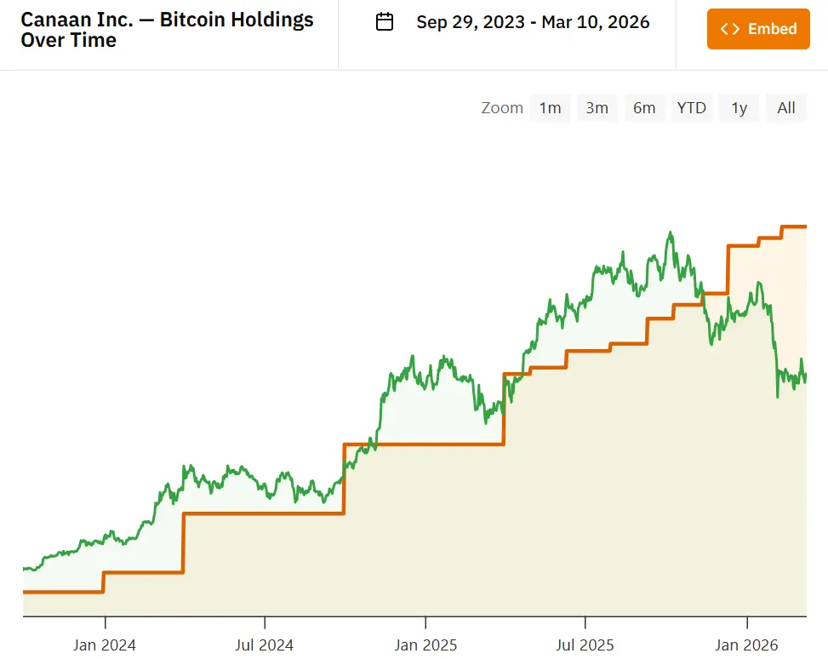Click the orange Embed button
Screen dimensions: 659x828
(758, 29)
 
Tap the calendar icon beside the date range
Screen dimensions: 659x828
(385, 22)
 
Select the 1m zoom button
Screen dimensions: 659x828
(550, 108)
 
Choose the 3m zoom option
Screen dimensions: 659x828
(597, 108)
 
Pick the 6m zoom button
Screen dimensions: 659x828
(644, 108)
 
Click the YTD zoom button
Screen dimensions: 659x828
(691, 108)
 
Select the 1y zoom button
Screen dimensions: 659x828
(739, 108)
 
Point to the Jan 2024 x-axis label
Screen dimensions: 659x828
(105, 645)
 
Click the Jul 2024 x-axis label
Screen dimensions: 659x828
(265, 645)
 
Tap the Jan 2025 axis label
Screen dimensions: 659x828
(425, 645)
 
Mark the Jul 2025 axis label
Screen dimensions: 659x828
(585, 645)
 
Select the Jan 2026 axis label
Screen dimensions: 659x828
(746, 645)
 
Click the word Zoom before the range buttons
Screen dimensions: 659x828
(502, 108)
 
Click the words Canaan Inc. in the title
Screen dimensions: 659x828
(77, 19)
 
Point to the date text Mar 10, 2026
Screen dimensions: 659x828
(597, 22)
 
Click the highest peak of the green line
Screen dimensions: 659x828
(671, 232)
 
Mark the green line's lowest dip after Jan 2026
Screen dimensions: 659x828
(777, 396)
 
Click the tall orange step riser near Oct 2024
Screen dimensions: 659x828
(344, 478)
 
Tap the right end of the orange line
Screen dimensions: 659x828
(805, 226)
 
